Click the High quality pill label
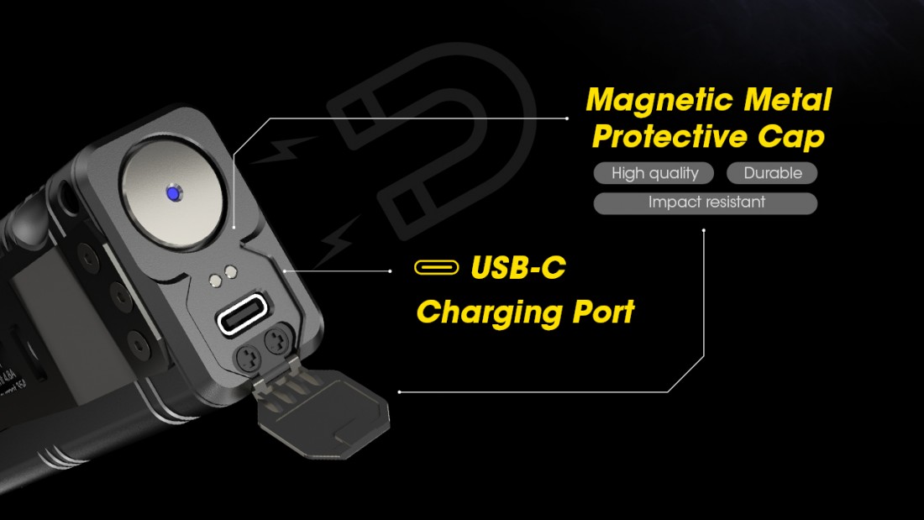coord(654,174)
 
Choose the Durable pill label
coord(772,174)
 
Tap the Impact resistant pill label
coord(706,203)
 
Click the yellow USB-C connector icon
coord(437,268)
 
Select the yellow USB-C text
coord(518,268)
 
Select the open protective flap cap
coord(332,412)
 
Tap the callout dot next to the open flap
coord(399,391)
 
